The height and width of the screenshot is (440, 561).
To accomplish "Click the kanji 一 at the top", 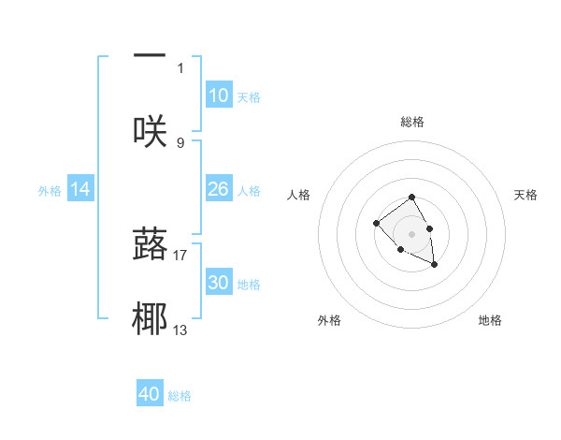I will click(x=150, y=55).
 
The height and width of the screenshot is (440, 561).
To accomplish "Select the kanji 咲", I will click(x=150, y=130).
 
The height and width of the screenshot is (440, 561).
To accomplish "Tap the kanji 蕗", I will click(x=150, y=242).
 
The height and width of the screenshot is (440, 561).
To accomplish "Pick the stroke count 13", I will click(x=180, y=330).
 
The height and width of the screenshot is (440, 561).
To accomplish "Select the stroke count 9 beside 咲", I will click(x=180, y=142).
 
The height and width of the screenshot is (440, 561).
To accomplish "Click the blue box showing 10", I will click(x=219, y=95).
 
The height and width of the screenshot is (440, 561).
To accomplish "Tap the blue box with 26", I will click(x=219, y=189).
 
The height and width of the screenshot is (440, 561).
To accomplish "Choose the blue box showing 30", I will click(x=219, y=283).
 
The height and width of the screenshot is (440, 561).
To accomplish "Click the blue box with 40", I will click(x=150, y=394).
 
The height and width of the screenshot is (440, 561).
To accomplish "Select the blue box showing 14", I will click(x=80, y=189).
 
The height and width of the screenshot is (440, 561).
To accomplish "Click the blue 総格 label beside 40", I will click(x=180, y=396).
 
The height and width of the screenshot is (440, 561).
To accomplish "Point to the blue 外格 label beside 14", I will click(x=49, y=190).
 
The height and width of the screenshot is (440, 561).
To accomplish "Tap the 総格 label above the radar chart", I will click(x=411, y=122).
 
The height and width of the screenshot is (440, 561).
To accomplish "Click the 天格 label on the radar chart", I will click(x=526, y=195).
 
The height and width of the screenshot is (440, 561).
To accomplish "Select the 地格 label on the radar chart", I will click(x=490, y=320).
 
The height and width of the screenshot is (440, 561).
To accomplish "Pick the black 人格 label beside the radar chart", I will click(x=299, y=195).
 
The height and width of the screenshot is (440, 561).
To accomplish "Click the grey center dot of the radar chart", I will click(x=411, y=234).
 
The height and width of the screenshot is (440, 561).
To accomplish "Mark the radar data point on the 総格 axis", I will click(x=411, y=198).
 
